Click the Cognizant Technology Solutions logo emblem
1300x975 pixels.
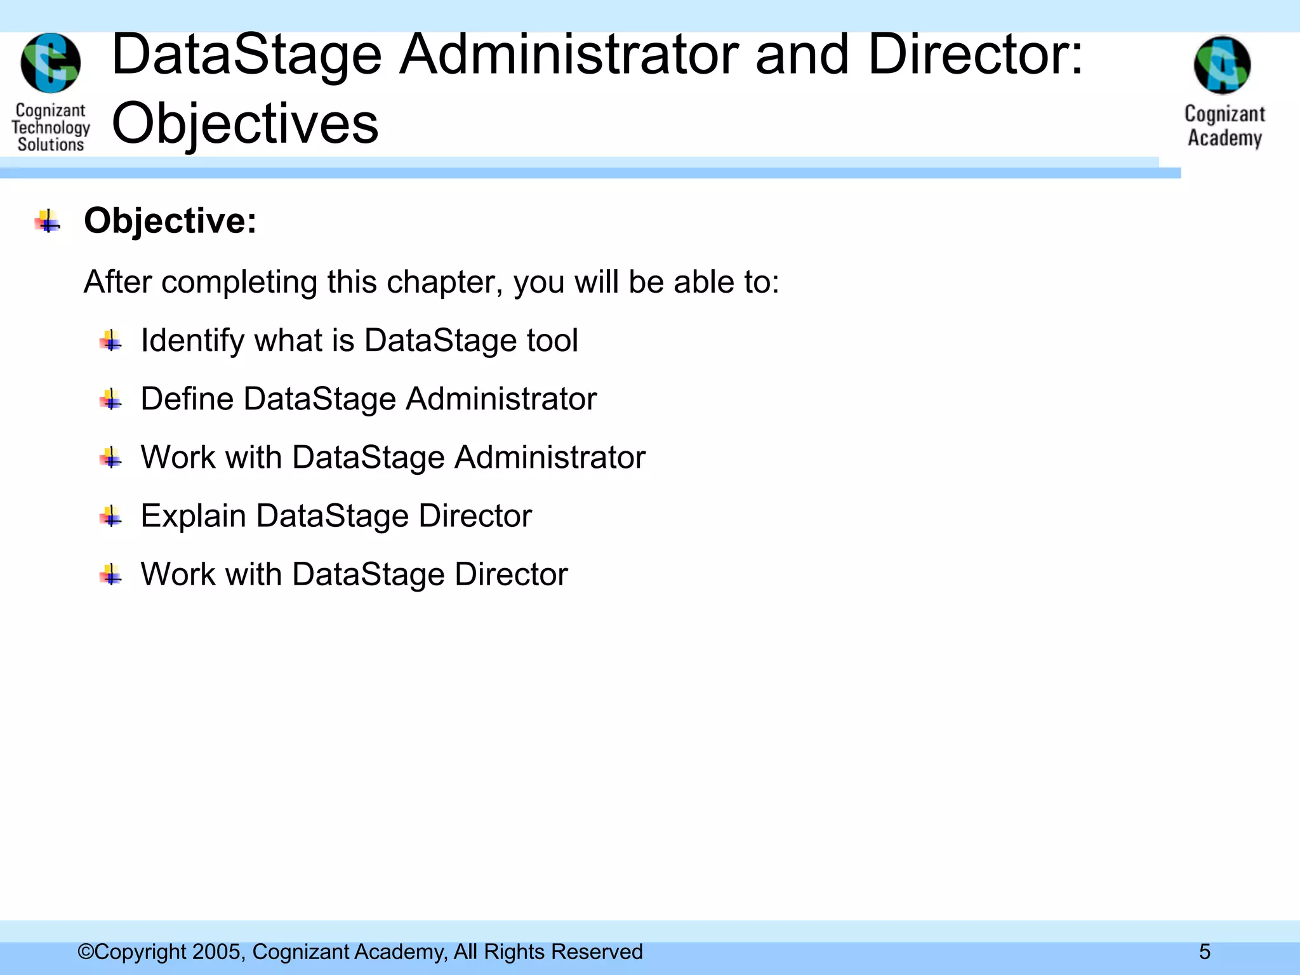pos(51,63)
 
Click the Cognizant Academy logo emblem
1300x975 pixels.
pos(1223,65)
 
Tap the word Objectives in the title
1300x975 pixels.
pos(245,123)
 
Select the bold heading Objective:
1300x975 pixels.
pos(170,221)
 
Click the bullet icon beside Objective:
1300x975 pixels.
pos(48,222)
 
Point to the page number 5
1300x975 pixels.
pos(1204,952)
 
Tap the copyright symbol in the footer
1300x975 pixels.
pos(85,952)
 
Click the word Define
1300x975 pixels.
pos(187,399)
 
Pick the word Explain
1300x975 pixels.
pos(193,515)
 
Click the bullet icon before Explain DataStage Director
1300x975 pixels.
pos(110,517)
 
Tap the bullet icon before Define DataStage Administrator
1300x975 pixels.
pos(110,400)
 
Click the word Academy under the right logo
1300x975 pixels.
pos(1224,138)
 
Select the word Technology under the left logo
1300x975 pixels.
pos(51,128)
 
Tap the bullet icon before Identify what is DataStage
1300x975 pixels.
pos(110,342)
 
